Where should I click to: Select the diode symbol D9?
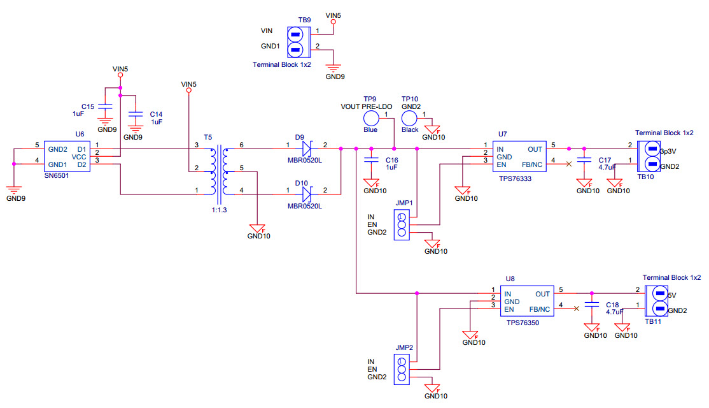pyautogui.click(x=308, y=149)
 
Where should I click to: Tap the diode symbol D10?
pyautogui.click(x=308, y=191)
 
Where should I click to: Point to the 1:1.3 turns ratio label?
pyautogui.click(x=220, y=210)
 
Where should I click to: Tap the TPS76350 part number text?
pyautogui.click(x=523, y=323)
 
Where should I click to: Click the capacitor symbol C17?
pyautogui.click(x=584, y=160)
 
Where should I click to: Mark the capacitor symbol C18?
pyautogui.click(x=593, y=304)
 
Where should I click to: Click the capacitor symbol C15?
pyautogui.click(x=106, y=106)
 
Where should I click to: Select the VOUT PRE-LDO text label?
pyautogui.click(x=366, y=106)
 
